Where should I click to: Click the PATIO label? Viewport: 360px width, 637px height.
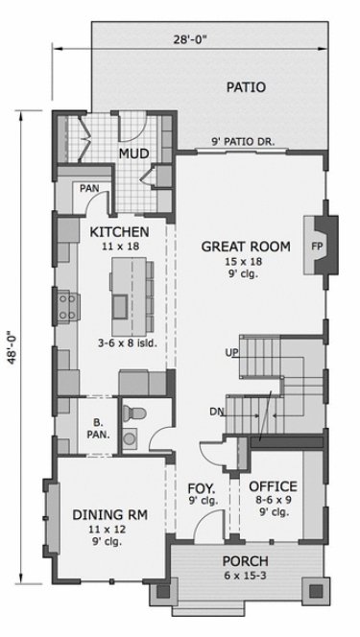point(246,87)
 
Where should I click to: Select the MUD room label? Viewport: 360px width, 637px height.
point(132,153)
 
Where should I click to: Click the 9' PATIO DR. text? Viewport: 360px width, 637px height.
point(243,142)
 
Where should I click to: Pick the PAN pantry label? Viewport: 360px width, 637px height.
point(89,188)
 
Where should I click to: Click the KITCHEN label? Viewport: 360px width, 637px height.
point(119,232)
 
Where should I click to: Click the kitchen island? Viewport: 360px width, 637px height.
point(132,294)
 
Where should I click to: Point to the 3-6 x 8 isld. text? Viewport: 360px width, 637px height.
point(127,342)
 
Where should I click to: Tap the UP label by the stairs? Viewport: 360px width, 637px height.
point(232,353)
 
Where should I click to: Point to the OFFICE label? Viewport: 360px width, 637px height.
point(274,486)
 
